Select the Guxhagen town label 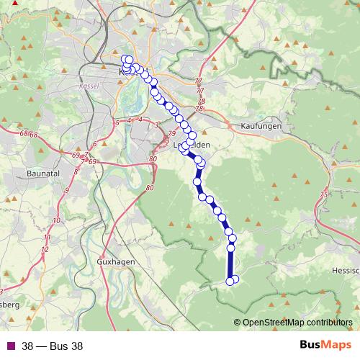click(116, 262)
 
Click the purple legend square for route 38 click(9, 346)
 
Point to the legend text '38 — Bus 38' click(52, 346)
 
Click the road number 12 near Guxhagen click(45, 249)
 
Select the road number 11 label click(48, 237)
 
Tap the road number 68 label click(26, 134)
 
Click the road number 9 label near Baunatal click(66, 190)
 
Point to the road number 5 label click(117, 122)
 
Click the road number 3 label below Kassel click(156, 126)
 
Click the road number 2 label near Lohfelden click(166, 143)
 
